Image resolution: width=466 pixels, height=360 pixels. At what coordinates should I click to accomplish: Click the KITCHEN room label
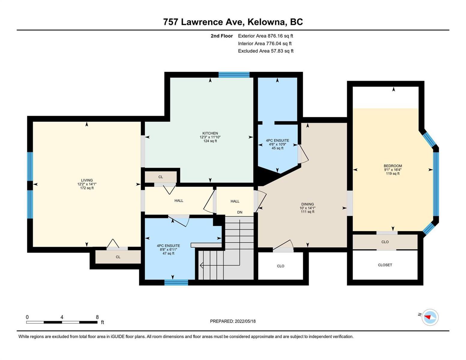(x=210, y=133)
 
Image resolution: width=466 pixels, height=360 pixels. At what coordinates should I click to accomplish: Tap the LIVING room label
(x=87, y=180)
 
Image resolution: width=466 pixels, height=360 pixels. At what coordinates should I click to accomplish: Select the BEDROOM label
(x=393, y=166)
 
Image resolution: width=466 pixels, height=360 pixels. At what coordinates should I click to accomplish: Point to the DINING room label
(x=308, y=204)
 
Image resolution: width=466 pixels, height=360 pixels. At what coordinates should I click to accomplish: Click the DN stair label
(x=239, y=212)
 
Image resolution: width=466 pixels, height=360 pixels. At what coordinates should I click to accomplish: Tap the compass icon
(x=430, y=317)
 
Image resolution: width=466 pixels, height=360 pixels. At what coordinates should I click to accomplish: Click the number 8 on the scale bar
(x=97, y=317)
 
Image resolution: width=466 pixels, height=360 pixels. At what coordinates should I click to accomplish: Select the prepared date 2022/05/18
(x=245, y=321)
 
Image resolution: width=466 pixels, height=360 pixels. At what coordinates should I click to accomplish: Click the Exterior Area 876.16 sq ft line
(x=266, y=36)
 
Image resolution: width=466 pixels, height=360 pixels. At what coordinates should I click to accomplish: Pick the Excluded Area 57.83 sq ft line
(x=266, y=51)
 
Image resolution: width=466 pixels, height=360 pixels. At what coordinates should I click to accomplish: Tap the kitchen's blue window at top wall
(x=234, y=75)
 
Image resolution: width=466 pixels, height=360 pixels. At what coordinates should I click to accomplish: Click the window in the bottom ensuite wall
(x=176, y=282)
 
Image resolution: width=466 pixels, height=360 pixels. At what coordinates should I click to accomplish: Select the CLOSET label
(x=385, y=265)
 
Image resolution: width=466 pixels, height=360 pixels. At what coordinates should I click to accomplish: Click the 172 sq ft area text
(x=87, y=188)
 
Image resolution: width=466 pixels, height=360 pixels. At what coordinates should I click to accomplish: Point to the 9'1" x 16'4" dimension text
(x=393, y=169)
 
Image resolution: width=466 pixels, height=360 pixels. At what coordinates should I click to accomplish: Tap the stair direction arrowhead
(x=201, y=265)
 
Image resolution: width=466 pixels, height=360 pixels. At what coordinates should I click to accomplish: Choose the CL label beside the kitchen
(x=161, y=177)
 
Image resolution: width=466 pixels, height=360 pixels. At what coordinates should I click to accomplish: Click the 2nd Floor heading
(x=221, y=36)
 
